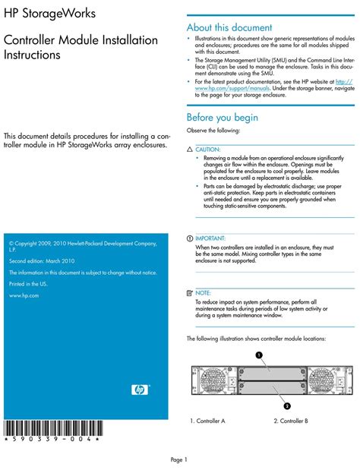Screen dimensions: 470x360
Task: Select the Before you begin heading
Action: click(x=223, y=118)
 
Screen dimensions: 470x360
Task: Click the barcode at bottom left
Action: click(x=50, y=427)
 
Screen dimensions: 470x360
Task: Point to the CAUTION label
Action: click(x=208, y=150)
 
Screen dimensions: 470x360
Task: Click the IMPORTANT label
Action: click(x=210, y=238)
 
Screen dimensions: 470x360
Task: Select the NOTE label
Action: click(x=204, y=292)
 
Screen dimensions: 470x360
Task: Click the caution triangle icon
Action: click(x=190, y=150)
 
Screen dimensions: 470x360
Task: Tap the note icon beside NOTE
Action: click(x=190, y=292)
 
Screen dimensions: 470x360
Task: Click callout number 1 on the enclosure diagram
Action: click(x=259, y=355)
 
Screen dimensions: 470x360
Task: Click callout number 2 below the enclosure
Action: click(x=286, y=405)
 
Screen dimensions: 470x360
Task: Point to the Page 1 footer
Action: click(x=178, y=459)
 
